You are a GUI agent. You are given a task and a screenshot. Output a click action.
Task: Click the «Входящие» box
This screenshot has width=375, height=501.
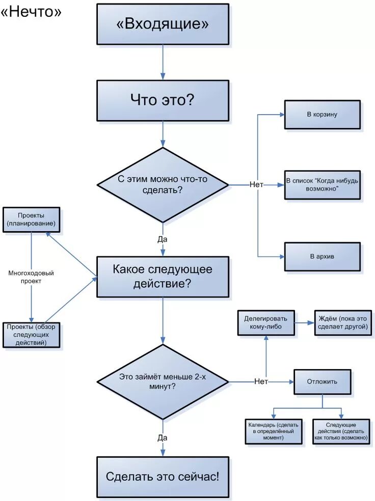tap(163, 24)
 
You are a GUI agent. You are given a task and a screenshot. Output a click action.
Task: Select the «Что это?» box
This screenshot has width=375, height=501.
tap(163, 100)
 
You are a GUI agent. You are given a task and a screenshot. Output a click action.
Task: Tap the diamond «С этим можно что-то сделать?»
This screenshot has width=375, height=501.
tap(163, 185)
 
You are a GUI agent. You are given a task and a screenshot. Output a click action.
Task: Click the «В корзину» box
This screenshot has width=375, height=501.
tap(322, 115)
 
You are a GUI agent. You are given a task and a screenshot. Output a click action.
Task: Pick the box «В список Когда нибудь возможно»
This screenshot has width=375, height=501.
tap(322, 184)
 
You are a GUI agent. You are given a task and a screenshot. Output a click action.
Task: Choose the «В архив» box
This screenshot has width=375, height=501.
tap(322, 256)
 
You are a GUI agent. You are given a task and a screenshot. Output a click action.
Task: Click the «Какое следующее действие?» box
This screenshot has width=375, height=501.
tap(163, 276)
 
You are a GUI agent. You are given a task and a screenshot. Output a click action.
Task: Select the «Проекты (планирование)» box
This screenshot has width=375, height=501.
tap(31, 219)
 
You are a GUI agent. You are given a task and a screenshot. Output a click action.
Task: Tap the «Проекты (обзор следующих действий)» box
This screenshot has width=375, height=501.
tap(31, 335)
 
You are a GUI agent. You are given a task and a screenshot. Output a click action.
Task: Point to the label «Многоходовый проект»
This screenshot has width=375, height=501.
tap(31, 277)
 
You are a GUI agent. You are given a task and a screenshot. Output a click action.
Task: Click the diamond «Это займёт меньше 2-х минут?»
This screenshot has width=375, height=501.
tap(163, 382)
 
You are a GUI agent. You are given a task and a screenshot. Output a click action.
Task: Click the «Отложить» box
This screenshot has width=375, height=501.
tap(322, 381)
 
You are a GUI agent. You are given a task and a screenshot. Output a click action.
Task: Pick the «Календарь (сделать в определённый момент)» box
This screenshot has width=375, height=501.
tap(274, 431)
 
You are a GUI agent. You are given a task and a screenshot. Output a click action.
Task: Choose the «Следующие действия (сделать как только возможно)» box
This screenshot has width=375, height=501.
tap(341, 431)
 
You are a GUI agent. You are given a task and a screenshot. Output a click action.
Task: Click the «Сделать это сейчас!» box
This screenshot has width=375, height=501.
tap(163, 477)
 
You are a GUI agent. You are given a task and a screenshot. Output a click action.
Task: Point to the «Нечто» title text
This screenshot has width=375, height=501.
tap(32, 12)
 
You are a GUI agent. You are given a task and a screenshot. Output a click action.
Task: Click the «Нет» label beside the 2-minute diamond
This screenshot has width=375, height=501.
tap(261, 382)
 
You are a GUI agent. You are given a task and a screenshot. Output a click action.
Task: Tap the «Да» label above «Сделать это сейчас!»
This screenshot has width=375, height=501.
tap(163, 437)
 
